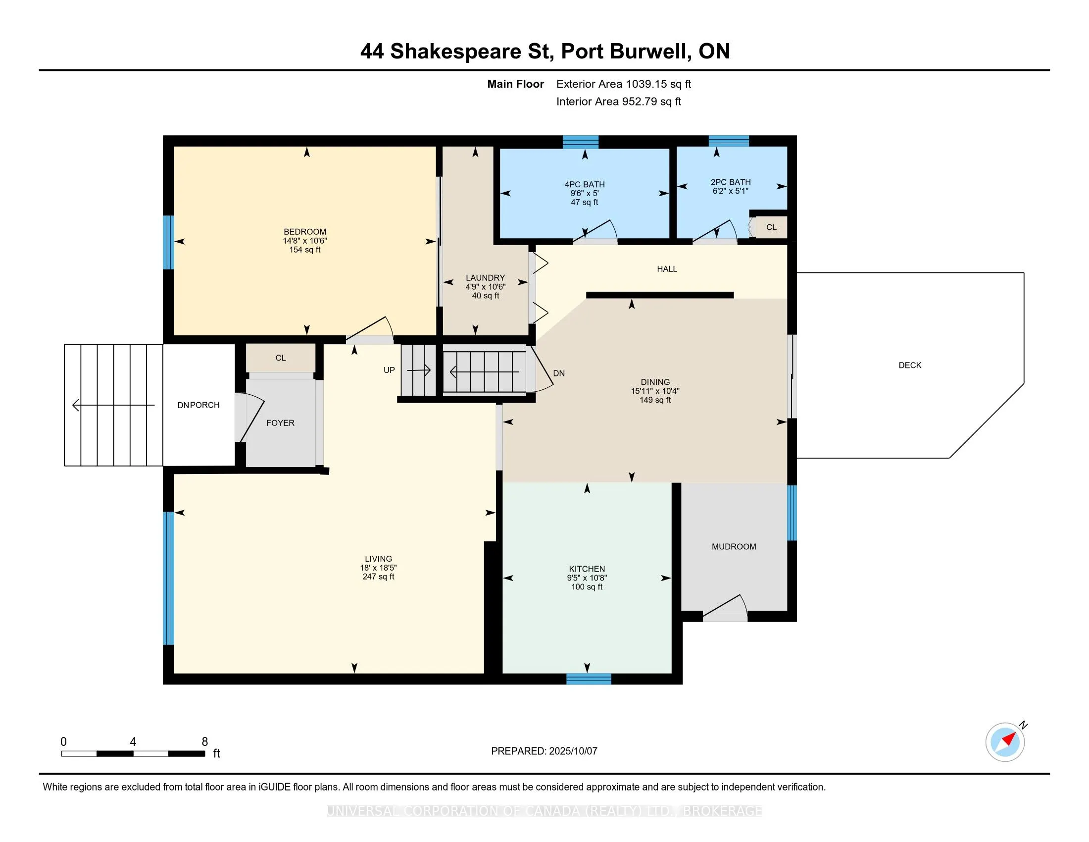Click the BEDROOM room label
click(304, 231)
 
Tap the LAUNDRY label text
click(485, 278)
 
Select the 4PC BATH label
click(585, 185)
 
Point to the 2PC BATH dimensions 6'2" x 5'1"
click(731, 191)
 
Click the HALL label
click(667, 269)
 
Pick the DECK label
click(909, 366)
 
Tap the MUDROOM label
click(734, 547)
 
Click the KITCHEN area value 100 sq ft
click(587, 587)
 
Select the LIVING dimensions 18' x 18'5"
click(378, 568)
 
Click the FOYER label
click(280, 423)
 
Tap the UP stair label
click(389, 370)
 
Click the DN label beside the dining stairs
click(558, 373)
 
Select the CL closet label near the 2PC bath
click(771, 227)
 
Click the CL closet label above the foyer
click(280, 358)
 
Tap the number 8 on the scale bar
click(204, 742)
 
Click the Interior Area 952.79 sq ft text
click(618, 102)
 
